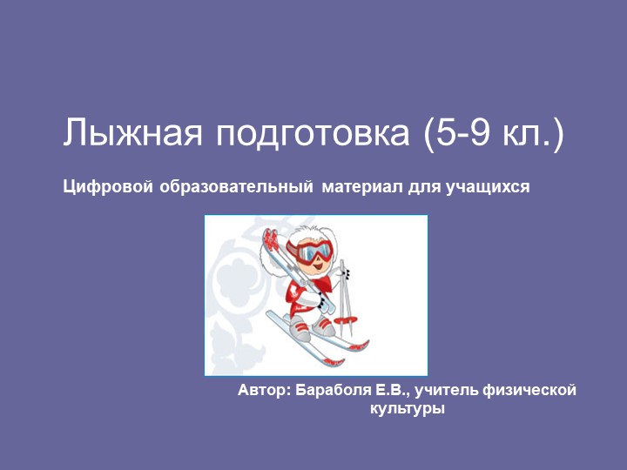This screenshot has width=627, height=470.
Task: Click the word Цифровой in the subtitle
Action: [x=108, y=186]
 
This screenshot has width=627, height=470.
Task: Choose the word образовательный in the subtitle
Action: [x=236, y=186]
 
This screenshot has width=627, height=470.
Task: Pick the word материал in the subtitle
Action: [x=359, y=186]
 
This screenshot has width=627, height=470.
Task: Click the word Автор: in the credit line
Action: [x=264, y=391]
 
